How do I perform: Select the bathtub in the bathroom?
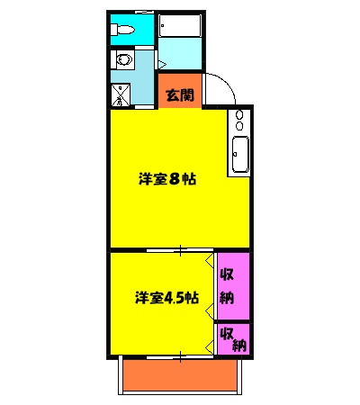(180, 27)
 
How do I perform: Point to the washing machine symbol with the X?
(121, 93)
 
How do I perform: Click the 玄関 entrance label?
(179, 94)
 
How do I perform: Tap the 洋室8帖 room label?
(167, 179)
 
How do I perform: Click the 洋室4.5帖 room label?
(166, 297)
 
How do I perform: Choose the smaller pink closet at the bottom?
(232, 338)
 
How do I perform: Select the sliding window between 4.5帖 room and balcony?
(180, 356)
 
